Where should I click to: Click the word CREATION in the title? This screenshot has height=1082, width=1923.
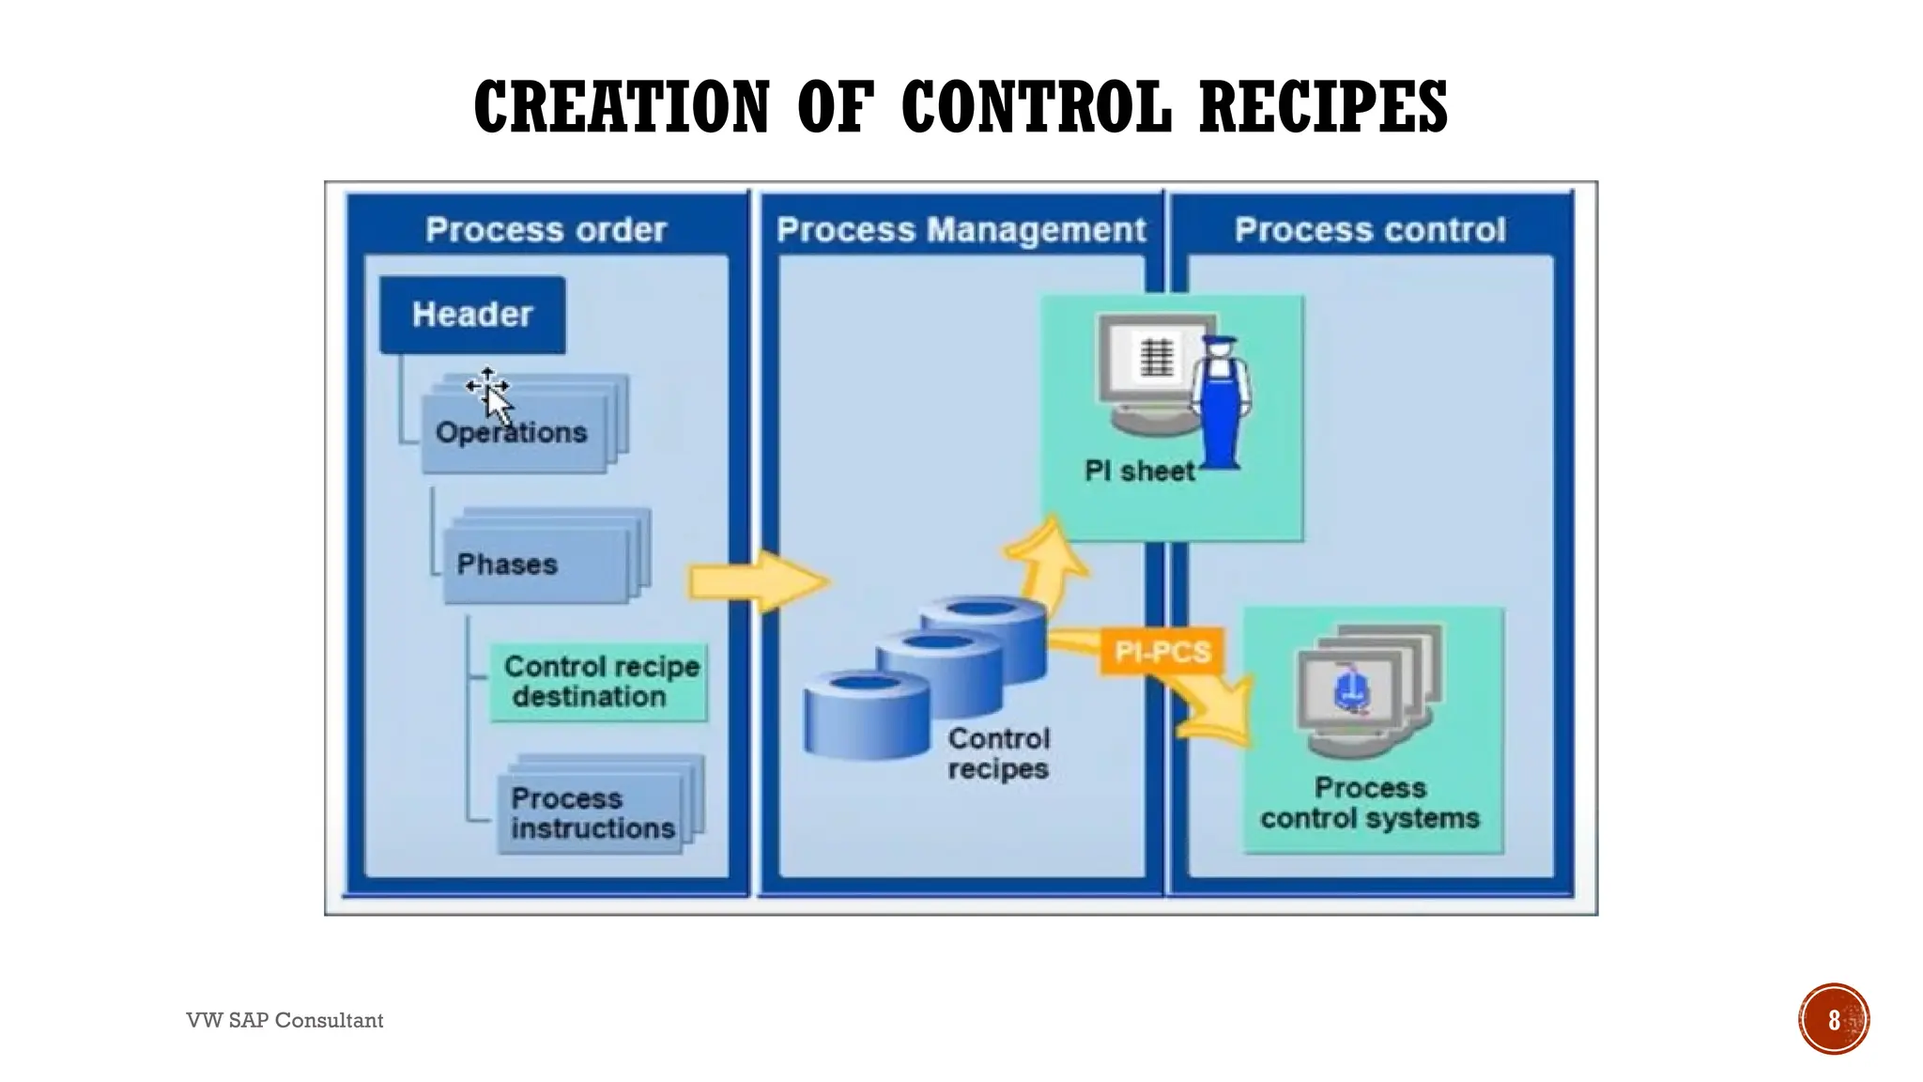(x=622, y=106)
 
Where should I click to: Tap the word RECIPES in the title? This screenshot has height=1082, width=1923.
(x=1323, y=106)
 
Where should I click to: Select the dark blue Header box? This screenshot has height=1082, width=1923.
(x=472, y=315)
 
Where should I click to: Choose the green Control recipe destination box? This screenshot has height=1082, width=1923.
(x=599, y=682)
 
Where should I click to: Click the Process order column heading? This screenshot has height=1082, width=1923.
(x=546, y=230)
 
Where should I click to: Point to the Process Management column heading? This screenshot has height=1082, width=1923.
(x=961, y=230)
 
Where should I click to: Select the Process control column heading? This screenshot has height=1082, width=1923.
(x=1369, y=230)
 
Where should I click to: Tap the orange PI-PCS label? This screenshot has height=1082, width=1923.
(x=1161, y=651)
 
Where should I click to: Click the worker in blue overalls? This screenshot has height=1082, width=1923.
(x=1221, y=404)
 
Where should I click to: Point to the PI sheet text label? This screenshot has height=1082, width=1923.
(x=1139, y=471)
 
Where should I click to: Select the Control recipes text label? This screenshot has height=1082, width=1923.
(x=998, y=753)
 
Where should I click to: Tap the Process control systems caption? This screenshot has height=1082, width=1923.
(x=1369, y=803)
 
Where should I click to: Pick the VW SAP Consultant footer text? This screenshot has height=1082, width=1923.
(x=285, y=1020)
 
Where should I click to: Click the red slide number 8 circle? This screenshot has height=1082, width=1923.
(x=1833, y=1019)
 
